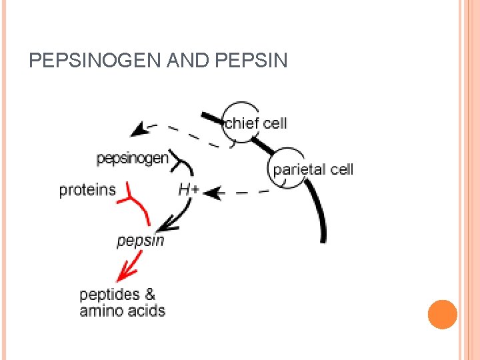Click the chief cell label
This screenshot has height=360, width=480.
pos(256,123)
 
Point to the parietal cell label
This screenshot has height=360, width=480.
pos(313,169)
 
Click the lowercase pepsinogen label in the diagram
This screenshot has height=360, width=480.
pos(133,159)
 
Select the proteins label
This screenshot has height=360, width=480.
pos(87,190)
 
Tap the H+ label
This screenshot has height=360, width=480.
pos(189,189)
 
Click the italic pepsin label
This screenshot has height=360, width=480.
pos(141,240)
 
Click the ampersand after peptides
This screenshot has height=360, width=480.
pos(150,294)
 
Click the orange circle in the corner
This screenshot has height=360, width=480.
pos(442,314)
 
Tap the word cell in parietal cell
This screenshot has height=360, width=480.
pos(341,169)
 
